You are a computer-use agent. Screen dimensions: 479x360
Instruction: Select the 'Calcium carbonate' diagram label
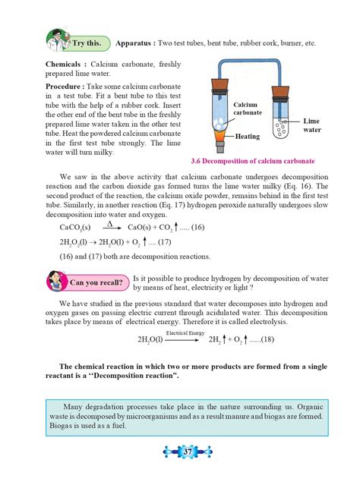pyautogui.click(x=247, y=108)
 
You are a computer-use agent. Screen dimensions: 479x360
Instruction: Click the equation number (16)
pyautogui.click(x=197, y=227)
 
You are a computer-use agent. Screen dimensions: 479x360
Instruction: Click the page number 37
pyautogui.click(x=179, y=454)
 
